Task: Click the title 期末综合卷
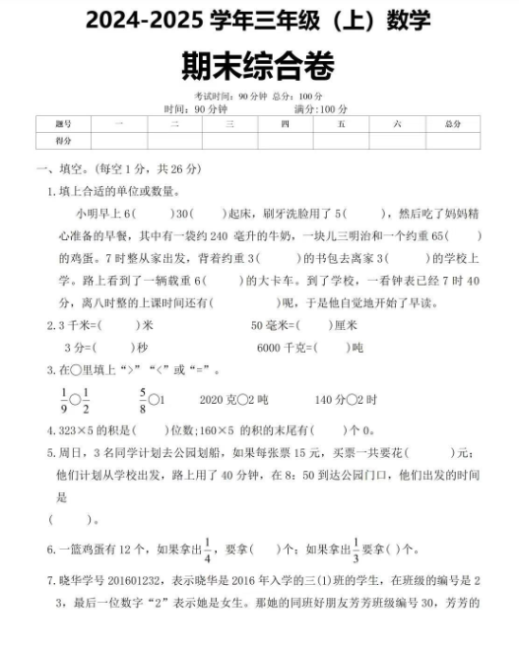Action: tap(259, 66)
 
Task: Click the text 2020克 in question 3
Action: tap(219, 401)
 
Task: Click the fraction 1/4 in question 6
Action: tap(208, 548)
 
